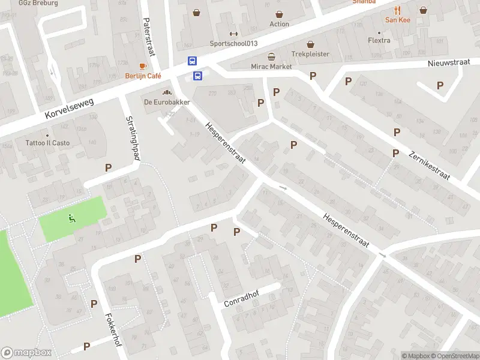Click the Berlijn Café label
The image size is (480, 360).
143,76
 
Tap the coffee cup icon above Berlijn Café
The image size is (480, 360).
143,66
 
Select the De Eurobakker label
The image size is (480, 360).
167,102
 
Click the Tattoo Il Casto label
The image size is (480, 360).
47,143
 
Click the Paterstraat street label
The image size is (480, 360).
149,36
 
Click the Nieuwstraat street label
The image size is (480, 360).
447,63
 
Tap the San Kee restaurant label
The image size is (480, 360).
397,19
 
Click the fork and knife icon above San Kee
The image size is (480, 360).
397,10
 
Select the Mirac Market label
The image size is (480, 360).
271,66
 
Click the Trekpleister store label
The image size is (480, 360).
310,53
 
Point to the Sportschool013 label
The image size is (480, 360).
233,43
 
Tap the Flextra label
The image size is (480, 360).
379,41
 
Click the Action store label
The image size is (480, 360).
279,24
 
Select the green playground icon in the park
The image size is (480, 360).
72,218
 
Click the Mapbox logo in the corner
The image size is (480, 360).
26,353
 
